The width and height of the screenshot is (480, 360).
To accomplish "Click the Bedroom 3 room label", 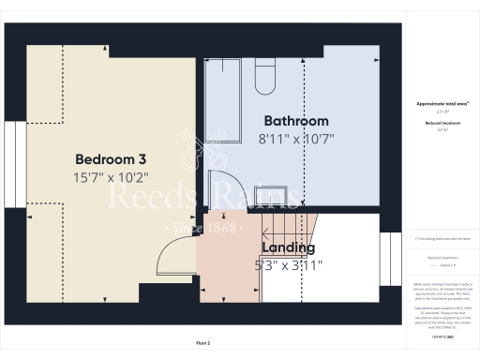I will pos(110,158).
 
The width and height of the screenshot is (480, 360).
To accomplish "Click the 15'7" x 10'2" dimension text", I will pos(110,176).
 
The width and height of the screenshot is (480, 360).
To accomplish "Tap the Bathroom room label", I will pos(295,121).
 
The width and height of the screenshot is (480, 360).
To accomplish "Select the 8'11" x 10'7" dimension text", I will pos(295,139).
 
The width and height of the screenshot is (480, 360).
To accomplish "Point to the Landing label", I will pos(288,247).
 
